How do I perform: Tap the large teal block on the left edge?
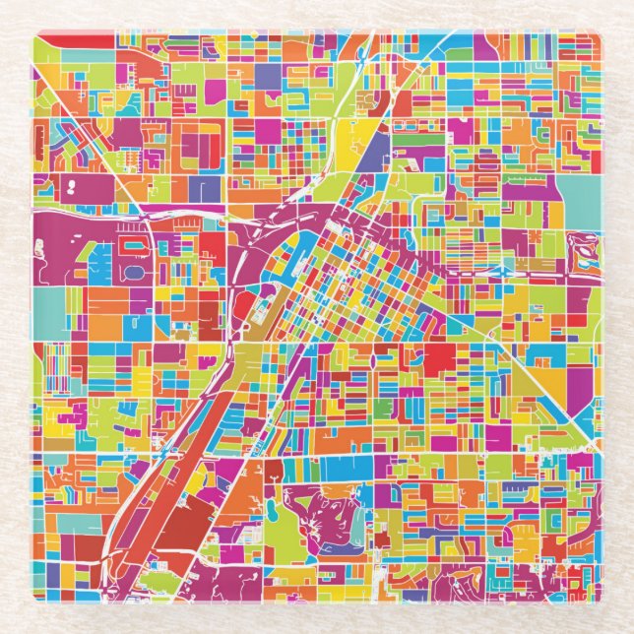[x=56, y=305]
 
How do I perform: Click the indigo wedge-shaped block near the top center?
[x=377, y=148]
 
